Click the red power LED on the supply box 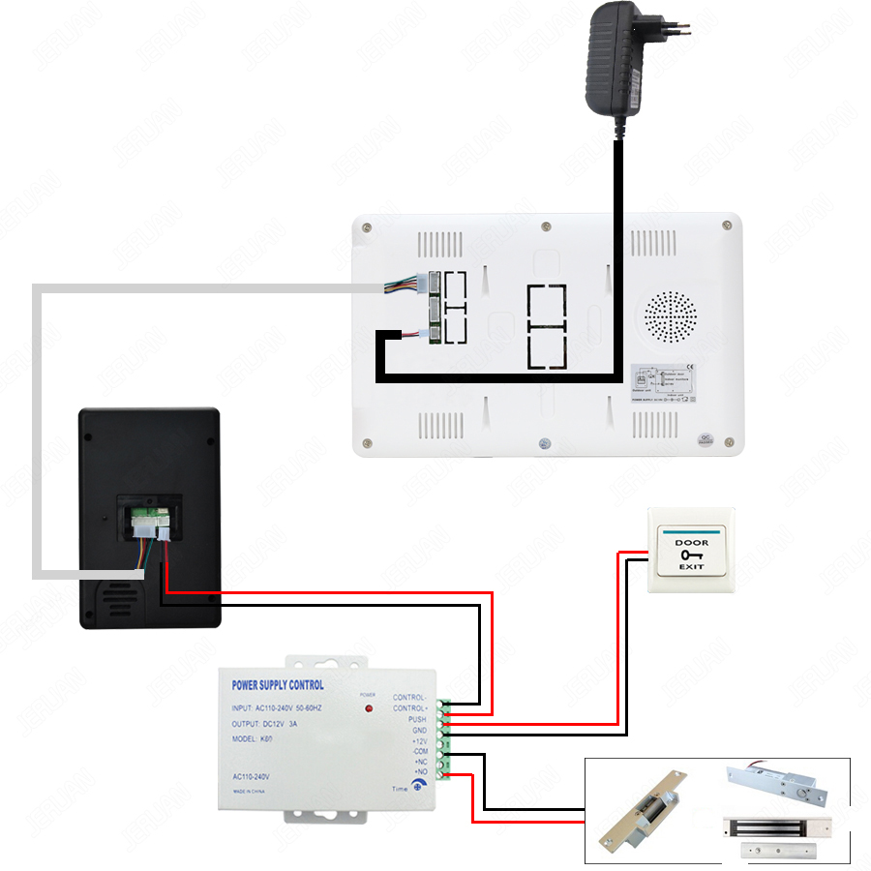coord(368,709)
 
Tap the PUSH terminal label coord(416,719)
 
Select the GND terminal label coord(418,730)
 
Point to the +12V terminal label coord(418,740)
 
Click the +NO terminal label coord(420,771)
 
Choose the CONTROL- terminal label coord(408,698)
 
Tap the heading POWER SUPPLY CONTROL coord(278,685)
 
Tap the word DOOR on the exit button coord(691,543)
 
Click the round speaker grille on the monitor coord(670,315)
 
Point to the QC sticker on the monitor coord(706,437)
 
